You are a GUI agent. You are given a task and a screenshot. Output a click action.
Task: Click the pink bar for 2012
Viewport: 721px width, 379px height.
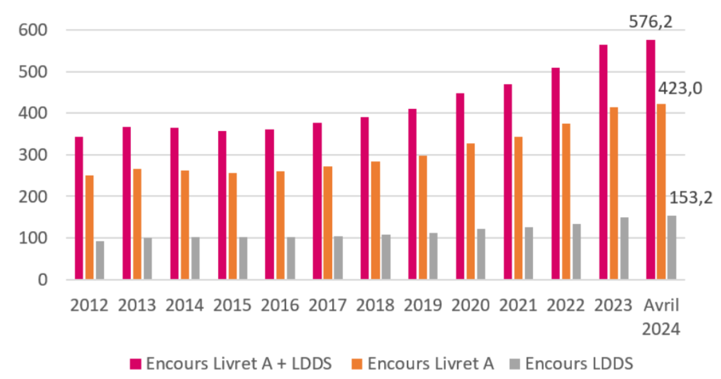click(x=79, y=208)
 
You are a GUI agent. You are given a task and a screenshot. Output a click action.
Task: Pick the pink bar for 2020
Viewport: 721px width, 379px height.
click(x=460, y=186)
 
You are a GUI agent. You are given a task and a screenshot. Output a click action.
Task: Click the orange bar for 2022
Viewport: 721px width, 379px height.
click(x=565, y=202)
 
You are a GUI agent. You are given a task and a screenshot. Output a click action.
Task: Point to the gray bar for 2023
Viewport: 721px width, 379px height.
click(x=624, y=248)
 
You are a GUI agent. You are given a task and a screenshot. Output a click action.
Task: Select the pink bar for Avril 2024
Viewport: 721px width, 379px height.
click(x=651, y=159)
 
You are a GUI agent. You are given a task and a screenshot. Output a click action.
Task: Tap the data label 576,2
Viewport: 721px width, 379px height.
click(x=650, y=22)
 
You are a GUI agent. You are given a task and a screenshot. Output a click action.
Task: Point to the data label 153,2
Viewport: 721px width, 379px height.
click(x=691, y=197)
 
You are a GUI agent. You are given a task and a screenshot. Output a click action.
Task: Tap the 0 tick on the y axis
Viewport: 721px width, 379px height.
click(x=42, y=280)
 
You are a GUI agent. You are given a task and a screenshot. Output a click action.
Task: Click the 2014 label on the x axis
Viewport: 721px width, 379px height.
click(x=184, y=306)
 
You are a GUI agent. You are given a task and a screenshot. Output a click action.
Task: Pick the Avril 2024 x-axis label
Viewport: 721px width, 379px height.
click(x=661, y=317)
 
